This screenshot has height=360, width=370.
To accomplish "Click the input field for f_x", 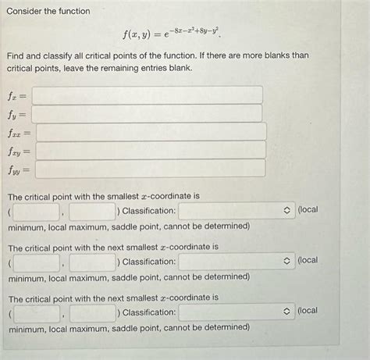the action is [147, 95].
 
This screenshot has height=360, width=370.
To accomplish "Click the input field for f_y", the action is [147, 114].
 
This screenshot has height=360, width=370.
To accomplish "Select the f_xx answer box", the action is [151, 132].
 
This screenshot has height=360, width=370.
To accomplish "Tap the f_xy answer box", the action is [151, 151].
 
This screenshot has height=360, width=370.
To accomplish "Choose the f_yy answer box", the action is [151, 169].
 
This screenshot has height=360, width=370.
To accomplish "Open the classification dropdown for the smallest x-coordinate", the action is [236, 211].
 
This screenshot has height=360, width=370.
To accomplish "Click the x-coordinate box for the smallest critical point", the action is [36, 211].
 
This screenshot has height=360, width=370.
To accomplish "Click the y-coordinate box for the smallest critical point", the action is [92, 211].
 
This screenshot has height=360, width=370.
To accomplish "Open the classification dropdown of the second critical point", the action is [236, 262].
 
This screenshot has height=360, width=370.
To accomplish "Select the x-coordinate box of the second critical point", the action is [36, 262].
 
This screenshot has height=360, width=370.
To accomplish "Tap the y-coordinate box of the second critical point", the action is [92, 262].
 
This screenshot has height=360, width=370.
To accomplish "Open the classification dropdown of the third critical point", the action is [236, 312].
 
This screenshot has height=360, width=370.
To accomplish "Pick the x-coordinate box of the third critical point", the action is [36, 312].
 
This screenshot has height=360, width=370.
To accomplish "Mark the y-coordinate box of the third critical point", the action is [92, 312].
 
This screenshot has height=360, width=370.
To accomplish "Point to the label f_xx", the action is [19, 133].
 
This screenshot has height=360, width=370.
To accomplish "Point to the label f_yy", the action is [19, 169].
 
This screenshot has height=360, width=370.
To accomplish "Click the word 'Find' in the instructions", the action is [16, 55].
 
